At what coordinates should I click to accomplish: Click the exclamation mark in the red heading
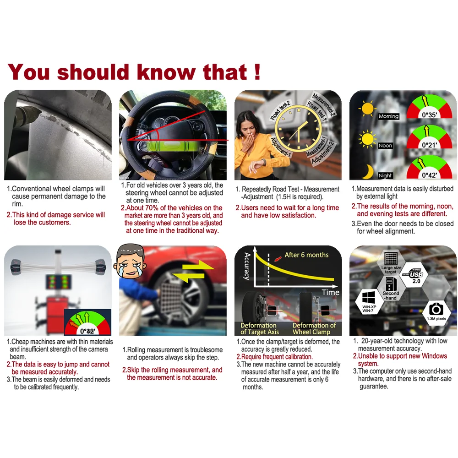[257, 72]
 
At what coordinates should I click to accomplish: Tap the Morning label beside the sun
[388, 116]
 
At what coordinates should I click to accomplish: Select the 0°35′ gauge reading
[429, 115]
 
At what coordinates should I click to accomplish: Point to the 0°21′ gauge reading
[429, 145]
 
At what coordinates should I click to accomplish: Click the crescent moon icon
[368, 171]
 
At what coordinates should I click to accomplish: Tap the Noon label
[385, 146]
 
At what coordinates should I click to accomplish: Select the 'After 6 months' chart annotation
[306, 255]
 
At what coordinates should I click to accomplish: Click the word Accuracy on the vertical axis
[247, 267]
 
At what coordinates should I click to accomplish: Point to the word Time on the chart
[330, 292]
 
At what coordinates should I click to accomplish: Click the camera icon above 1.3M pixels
[436, 309]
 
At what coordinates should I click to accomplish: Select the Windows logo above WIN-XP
[369, 298]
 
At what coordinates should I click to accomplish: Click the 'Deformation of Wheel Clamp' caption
[314, 328]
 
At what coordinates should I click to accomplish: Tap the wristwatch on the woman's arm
[263, 162]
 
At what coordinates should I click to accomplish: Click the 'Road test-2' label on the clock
[280, 110]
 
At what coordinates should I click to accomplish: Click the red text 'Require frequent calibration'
[274, 357]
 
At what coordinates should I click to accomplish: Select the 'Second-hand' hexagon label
[391, 295]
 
